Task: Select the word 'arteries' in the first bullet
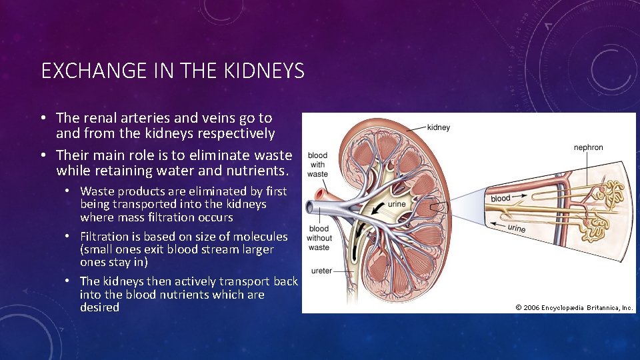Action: point(143,118)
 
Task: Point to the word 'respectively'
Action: point(235,133)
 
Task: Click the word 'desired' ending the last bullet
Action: point(99,307)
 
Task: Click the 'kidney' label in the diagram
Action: point(438,127)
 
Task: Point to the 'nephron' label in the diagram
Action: point(588,147)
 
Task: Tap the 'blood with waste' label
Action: point(317,165)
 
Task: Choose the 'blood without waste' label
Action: point(319,238)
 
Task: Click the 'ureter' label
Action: point(321,271)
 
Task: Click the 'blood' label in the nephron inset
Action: point(500,198)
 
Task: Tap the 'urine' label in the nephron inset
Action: point(516,229)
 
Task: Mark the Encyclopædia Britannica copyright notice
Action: point(574,307)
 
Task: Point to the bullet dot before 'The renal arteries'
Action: point(41,119)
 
